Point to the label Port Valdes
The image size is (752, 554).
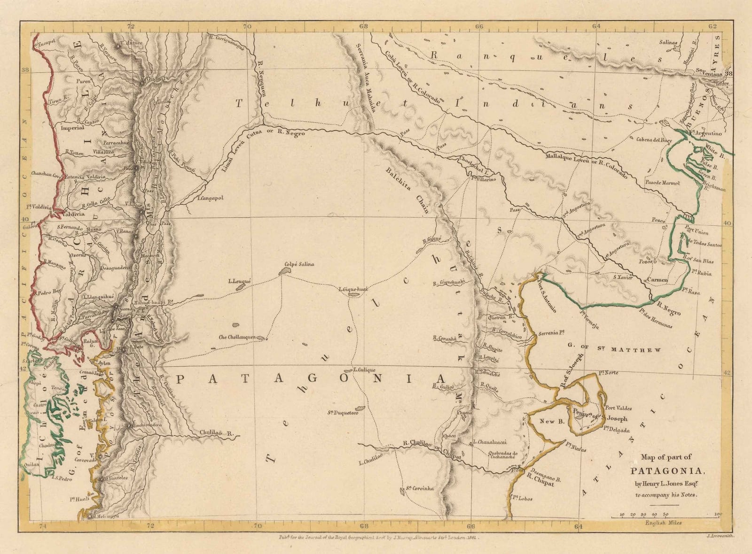coord(619,408)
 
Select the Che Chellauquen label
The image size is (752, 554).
coord(237,337)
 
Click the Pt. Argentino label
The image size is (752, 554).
coord(705,133)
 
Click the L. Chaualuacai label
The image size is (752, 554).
coord(492,442)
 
